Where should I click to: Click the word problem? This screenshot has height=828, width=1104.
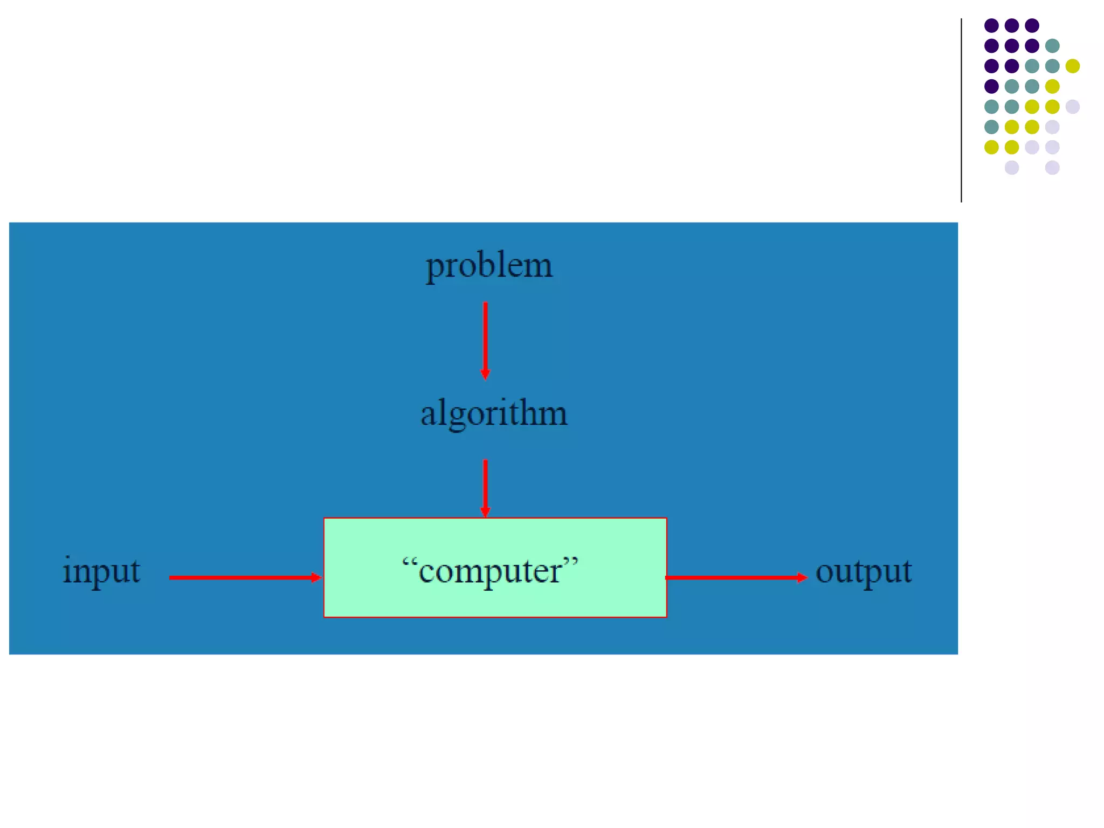click(489, 265)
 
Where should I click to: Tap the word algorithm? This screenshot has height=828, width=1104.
click(494, 414)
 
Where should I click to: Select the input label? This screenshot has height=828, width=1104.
click(101, 570)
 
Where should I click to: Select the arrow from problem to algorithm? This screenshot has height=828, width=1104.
click(485, 340)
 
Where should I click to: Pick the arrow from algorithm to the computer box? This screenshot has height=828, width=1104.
click(485, 487)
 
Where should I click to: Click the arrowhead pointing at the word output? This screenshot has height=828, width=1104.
click(802, 577)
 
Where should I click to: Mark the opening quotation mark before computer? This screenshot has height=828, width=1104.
click(410, 562)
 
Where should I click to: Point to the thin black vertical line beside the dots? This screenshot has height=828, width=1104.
click(961, 111)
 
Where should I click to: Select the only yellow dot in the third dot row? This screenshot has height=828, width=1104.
click(1072, 66)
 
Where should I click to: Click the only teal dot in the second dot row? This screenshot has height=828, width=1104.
click(1052, 46)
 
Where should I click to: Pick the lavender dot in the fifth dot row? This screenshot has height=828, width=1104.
click(1072, 106)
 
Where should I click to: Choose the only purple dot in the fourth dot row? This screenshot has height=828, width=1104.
click(991, 86)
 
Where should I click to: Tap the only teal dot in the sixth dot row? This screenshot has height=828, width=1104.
click(991, 127)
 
